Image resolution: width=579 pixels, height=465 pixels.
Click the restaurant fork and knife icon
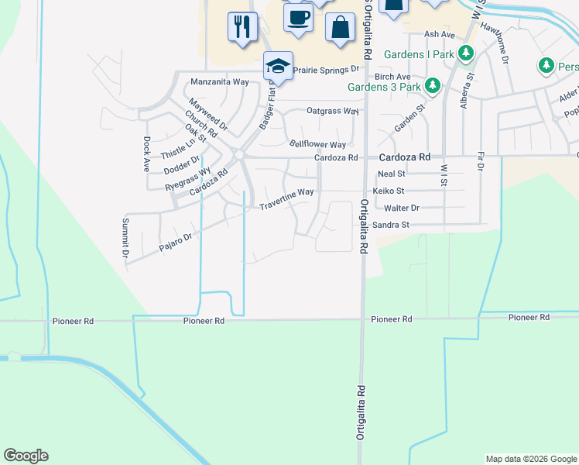tap(242, 27)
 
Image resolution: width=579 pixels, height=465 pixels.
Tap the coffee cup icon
tap(298, 16)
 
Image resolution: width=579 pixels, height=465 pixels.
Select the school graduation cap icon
tap(277, 65)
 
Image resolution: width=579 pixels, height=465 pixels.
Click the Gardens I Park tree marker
tap(465, 53)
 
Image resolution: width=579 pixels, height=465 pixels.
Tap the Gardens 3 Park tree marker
tap(433, 85)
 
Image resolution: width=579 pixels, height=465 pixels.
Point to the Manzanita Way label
tap(220, 81)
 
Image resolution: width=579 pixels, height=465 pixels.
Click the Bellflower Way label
tap(317, 144)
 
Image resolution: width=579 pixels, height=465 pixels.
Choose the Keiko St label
tap(389, 190)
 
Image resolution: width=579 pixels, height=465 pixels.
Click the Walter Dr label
tap(401, 208)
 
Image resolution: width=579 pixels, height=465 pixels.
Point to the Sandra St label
tap(389, 225)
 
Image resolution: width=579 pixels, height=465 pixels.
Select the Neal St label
tap(391, 174)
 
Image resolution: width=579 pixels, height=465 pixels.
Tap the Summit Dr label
tap(125, 237)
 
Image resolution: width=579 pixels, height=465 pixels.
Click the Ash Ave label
tap(440, 35)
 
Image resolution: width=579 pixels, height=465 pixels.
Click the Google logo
tap(26, 456)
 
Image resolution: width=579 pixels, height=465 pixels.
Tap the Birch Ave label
tap(392, 77)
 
